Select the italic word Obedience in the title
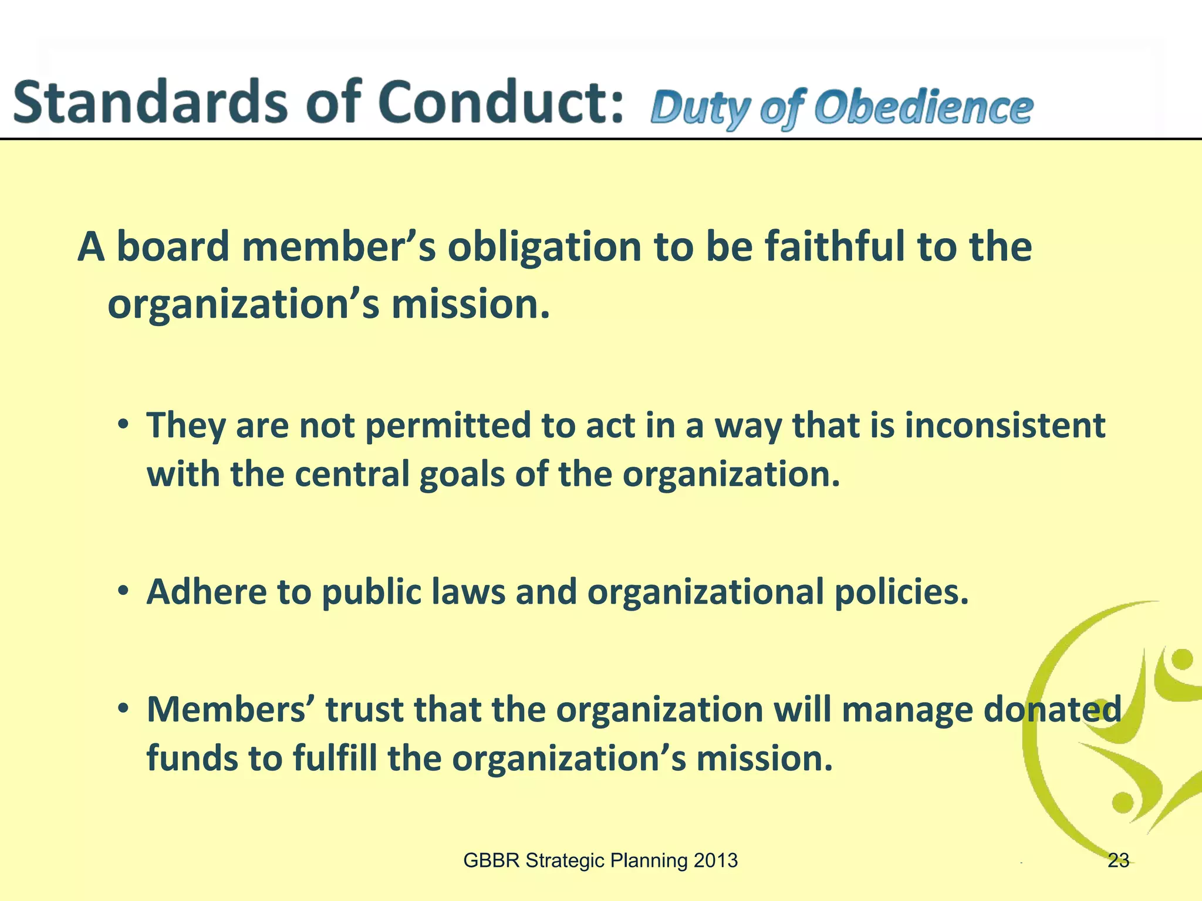(x=924, y=109)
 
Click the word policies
(x=901, y=592)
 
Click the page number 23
(x=1118, y=861)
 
